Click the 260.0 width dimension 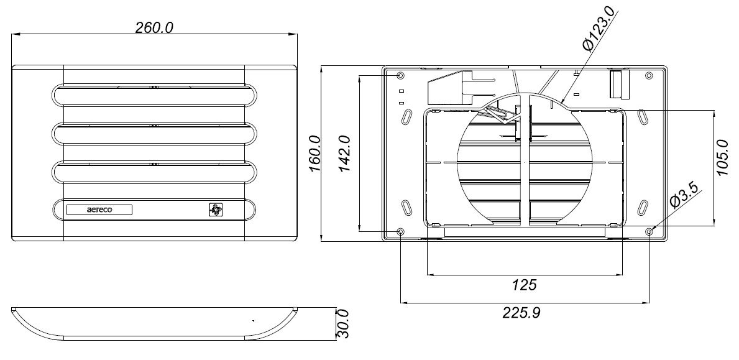point(154,28)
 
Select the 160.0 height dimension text point(315,154)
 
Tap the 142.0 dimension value point(344,154)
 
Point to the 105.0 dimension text point(722,157)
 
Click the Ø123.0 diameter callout point(599,29)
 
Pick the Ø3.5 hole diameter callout point(686,195)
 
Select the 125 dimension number point(524,285)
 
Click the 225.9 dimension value point(521,312)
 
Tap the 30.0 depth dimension point(344,324)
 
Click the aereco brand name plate point(99,210)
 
